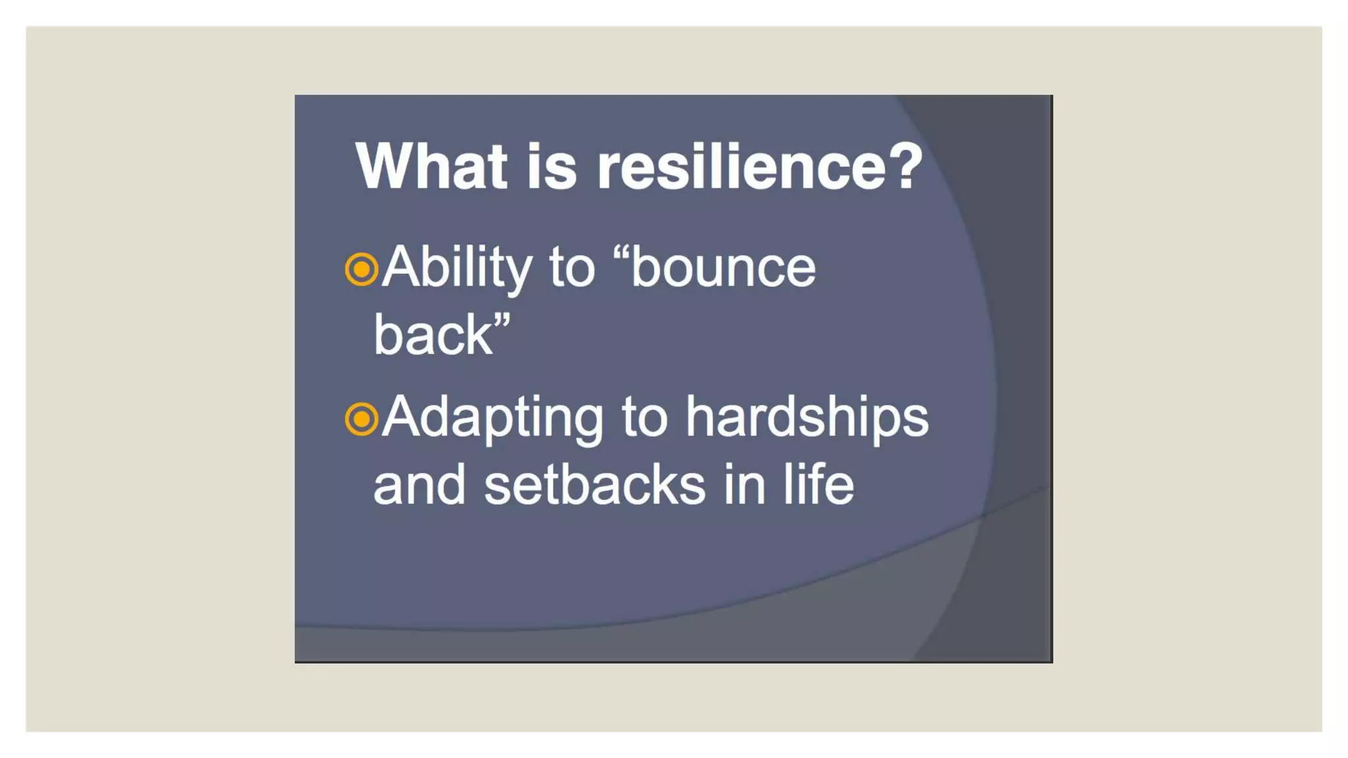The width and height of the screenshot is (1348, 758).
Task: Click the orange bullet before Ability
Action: [x=361, y=269]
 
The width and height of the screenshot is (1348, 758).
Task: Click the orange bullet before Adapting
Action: [x=361, y=419]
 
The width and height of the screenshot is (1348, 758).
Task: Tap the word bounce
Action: [x=723, y=268]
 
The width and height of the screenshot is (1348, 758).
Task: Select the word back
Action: [x=432, y=335]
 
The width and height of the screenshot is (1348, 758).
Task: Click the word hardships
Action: [x=806, y=418]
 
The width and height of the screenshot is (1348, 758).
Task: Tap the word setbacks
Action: [x=594, y=486]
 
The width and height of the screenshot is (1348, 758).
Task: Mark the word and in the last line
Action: [x=419, y=486]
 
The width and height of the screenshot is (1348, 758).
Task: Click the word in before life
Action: [x=744, y=486]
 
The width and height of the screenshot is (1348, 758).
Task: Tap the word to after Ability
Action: [x=572, y=268]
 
